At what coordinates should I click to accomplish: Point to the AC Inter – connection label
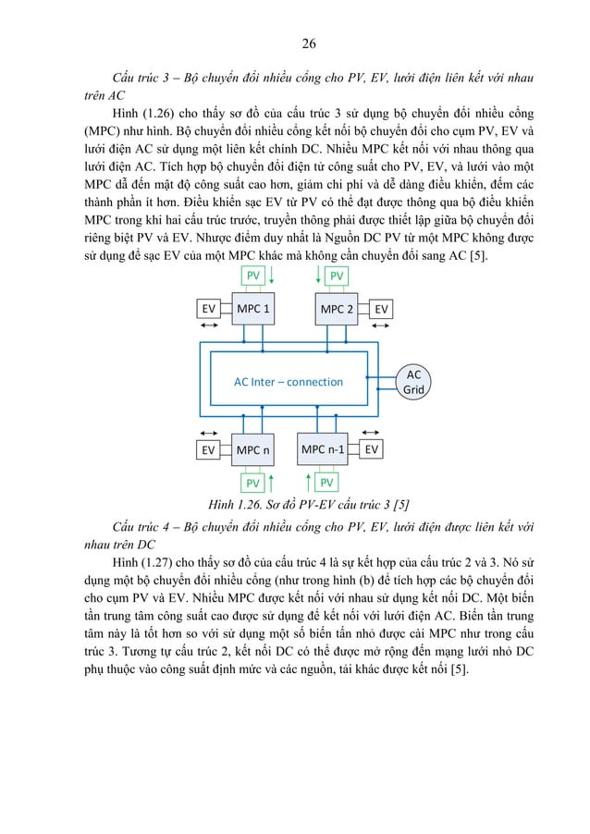pyautogui.click(x=288, y=381)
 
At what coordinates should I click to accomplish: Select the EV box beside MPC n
pyautogui.click(x=209, y=450)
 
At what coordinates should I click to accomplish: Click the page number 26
pyautogui.click(x=310, y=42)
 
